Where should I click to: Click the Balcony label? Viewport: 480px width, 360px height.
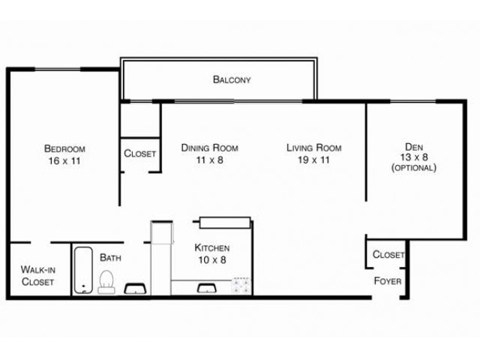coord(231,79)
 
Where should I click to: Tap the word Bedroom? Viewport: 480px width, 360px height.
coord(64,148)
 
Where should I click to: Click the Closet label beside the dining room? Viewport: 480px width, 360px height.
coord(140,154)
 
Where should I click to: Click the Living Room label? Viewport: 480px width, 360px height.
coord(313,148)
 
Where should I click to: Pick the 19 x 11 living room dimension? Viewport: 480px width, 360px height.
coord(313,160)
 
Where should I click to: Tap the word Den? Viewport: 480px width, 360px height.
coord(413,146)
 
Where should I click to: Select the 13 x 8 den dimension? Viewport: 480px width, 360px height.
coord(413,157)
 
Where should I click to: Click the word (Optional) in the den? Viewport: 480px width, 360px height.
coord(413,168)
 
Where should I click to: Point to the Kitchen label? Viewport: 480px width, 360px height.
coord(211,247)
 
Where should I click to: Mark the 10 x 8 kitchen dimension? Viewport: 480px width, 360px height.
coord(211,259)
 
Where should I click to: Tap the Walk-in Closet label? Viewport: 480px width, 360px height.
coord(37,275)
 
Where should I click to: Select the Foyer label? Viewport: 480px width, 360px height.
coord(387,281)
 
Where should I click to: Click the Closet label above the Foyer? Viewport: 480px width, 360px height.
coord(388,255)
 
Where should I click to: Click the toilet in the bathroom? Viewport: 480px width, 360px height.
coord(106,282)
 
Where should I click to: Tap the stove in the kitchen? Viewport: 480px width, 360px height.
coord(241,285)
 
